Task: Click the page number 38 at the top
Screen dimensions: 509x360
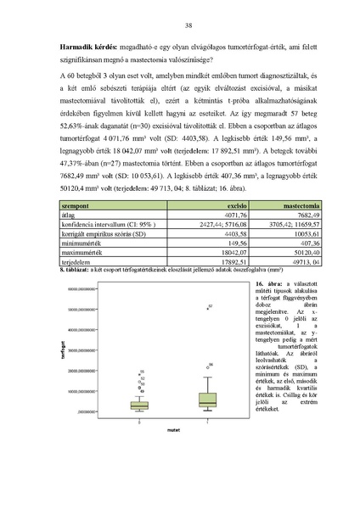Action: click(x=180, y=25)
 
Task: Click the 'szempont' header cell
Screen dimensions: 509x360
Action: click(x=79, y=229)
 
